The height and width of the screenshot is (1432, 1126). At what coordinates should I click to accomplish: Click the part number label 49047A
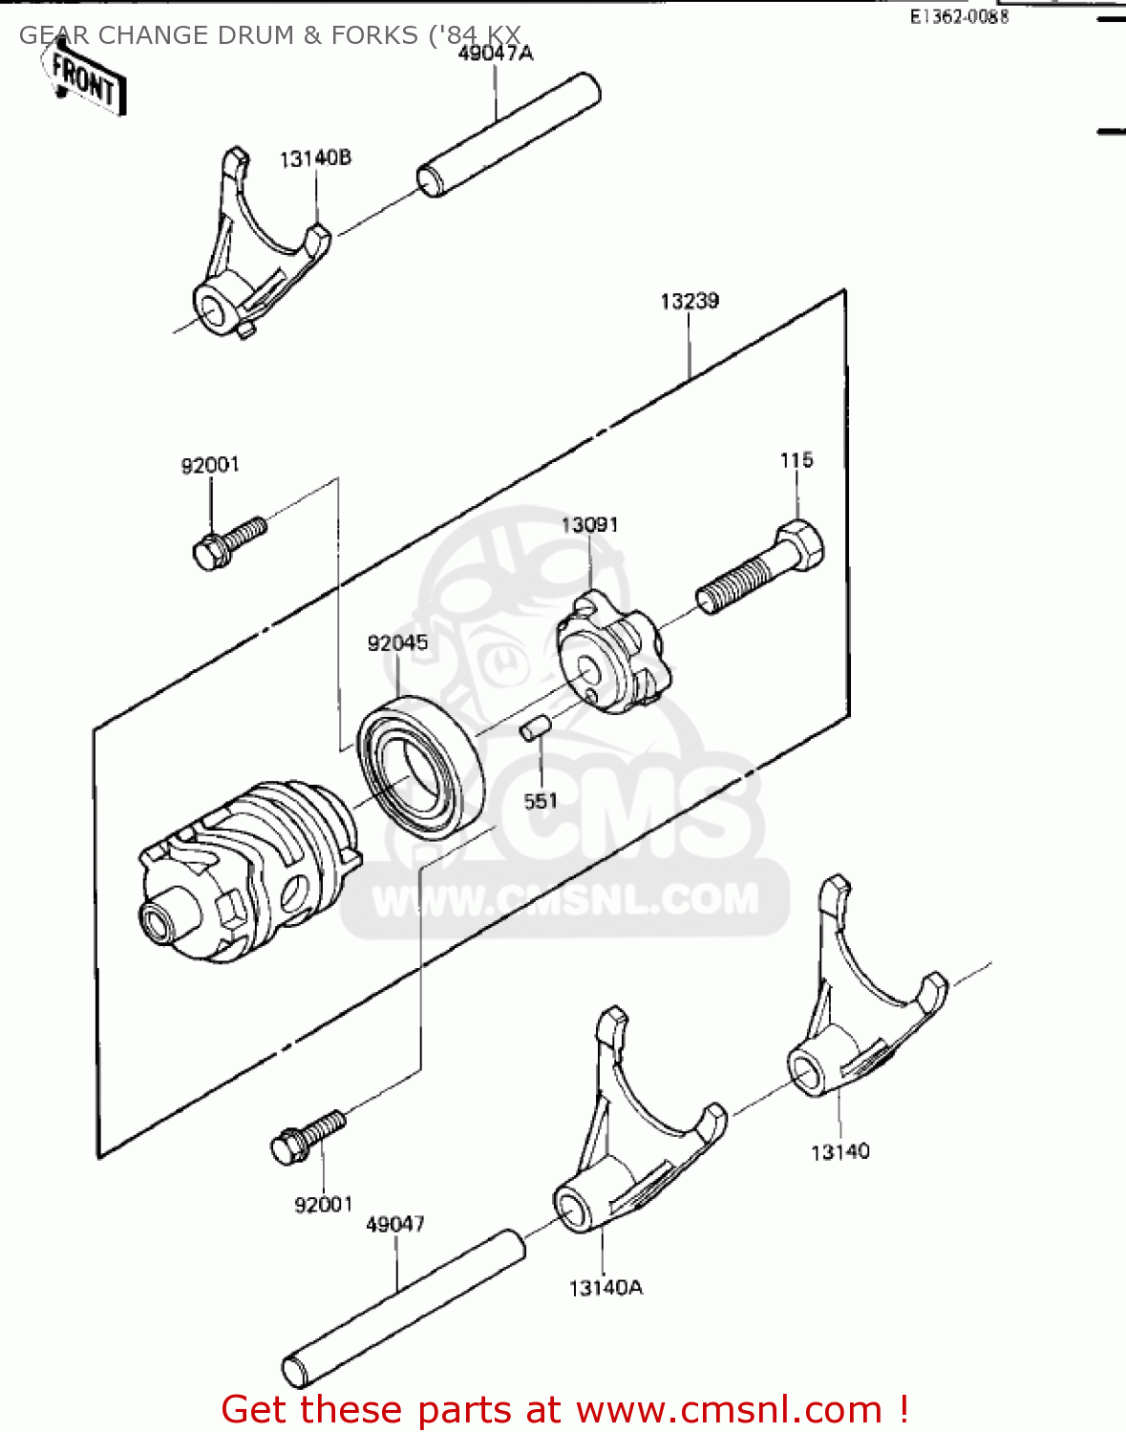click(x=495, y=53)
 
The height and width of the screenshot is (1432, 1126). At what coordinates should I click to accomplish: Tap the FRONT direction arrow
click(x=84, y=80)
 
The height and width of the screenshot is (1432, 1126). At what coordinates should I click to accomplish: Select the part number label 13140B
click(x=315, y=158)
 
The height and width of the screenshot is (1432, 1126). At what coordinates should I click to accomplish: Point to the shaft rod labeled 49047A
click(x=509, y=136)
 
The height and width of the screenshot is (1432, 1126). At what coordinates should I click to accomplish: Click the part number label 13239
click(x=689, y=302)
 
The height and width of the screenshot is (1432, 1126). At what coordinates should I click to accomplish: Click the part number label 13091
click(x=589, y=525)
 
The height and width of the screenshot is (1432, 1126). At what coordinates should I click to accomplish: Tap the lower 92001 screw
click(x=307, y=1136)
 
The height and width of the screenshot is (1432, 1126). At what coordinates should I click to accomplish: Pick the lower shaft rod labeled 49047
click(x=403, y=1308)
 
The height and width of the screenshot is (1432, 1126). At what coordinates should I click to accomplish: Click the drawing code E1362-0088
click(x=958, y=17)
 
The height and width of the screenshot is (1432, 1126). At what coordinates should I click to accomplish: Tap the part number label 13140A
click(x=605, y=1288)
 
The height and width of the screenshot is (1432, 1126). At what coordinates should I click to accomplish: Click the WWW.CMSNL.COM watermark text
click(x=565, y=899)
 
